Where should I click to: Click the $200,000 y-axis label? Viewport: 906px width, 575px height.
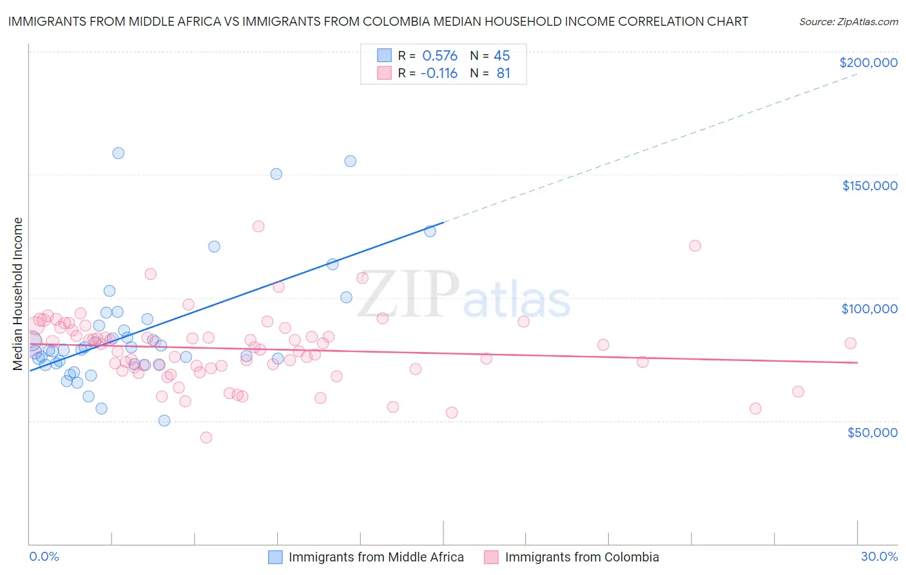tap(868, 63)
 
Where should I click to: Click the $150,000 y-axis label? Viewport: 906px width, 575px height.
tap(869, 186)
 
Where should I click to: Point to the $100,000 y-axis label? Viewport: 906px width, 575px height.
tap(869, 309)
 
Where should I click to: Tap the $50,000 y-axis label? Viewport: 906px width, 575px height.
tap(872, 433)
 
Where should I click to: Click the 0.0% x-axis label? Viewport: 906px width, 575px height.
tap(44, 556)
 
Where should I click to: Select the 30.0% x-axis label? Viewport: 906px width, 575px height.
tap(879, 556)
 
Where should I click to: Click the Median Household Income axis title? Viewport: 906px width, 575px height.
tap(18, 294)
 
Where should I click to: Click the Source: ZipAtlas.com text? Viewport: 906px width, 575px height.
tap(848, 22)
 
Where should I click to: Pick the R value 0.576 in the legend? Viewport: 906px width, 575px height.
tap(439, 55)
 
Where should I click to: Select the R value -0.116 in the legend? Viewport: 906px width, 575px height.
tap(439, 73)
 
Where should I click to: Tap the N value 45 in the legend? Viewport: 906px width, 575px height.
tap(502, 55)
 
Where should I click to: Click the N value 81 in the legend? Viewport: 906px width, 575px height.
tap(503, 73)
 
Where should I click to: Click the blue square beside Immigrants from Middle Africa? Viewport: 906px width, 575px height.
tap(275, 557)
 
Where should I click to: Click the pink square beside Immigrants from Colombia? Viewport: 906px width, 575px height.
tap(492, 557)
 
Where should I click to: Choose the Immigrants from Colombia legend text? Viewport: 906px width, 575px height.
tap(582, 557)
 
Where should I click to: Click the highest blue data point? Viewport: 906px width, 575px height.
tap(118, 153)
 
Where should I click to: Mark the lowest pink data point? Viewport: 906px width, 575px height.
tap(206, 438)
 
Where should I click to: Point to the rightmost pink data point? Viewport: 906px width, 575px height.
tap(851, 344)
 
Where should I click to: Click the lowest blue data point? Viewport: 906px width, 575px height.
tap(164, 421)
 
